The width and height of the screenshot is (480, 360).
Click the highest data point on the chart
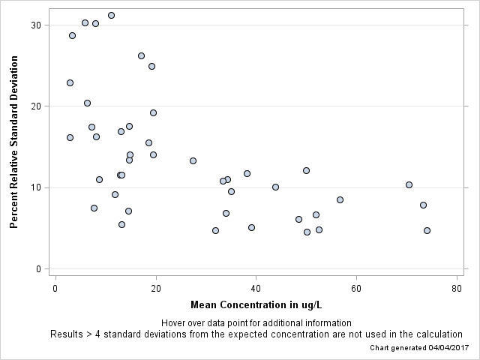(x=111, y=15)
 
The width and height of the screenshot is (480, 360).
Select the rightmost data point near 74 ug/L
(x=427, y=230)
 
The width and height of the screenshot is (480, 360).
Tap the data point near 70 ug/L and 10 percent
(x=409, y=184)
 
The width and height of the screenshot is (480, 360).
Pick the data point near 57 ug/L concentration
(x=340, y=199)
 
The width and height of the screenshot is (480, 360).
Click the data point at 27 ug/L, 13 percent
(x=193, y=160)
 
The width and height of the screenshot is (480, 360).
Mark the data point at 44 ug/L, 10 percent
(x=275, y=187)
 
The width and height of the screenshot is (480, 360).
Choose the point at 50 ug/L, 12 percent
(x=306, y=170)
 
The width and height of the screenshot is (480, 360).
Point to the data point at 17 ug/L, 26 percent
(x=141, y=55)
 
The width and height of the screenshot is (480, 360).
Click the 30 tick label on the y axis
(x=35, y=25)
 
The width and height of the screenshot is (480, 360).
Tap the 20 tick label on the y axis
(x=35, y=106)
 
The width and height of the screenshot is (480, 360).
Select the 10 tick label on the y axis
(x=35, y=187)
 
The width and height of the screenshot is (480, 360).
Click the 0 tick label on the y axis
(x=38, y=268)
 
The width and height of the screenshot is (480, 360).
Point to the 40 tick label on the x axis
(x=256, y=289)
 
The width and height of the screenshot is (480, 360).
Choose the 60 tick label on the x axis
(x=356, y=289)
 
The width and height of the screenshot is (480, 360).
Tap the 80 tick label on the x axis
(x=457, y=289)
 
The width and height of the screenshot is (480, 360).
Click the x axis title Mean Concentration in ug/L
(x=256, y=305)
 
